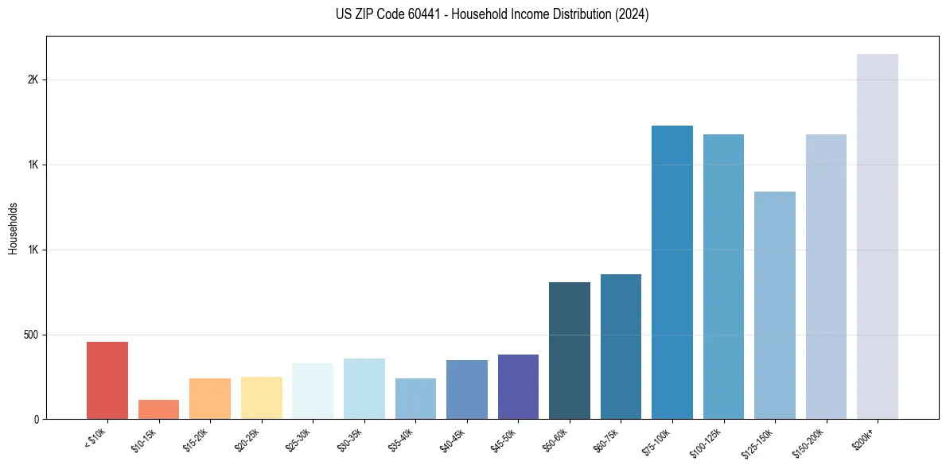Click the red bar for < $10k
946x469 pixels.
[107, 380]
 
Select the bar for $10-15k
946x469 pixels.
[158, 409]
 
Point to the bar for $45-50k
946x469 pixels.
[518, 386]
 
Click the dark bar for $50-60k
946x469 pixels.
[570, 351]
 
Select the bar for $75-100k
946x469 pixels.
[672, 272]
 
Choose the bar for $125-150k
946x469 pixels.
[775, 305]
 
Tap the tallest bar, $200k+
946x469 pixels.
[878, 236]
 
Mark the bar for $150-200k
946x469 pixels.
[826, 277]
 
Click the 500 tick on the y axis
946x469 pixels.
[32, 335]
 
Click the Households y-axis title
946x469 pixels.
[13, 228]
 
